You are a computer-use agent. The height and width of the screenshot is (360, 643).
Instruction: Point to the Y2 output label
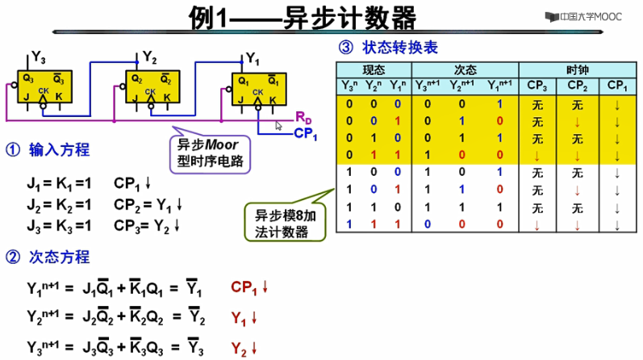[x=150, y=57]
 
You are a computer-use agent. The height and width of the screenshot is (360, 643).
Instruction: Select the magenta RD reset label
[x=304, y=117]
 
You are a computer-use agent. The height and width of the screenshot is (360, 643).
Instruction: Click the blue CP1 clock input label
[x=306, y=134]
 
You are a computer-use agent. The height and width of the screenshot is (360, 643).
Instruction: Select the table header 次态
[x=466, y=69]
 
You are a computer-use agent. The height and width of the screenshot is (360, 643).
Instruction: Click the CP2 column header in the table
[x=578, y=85]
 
